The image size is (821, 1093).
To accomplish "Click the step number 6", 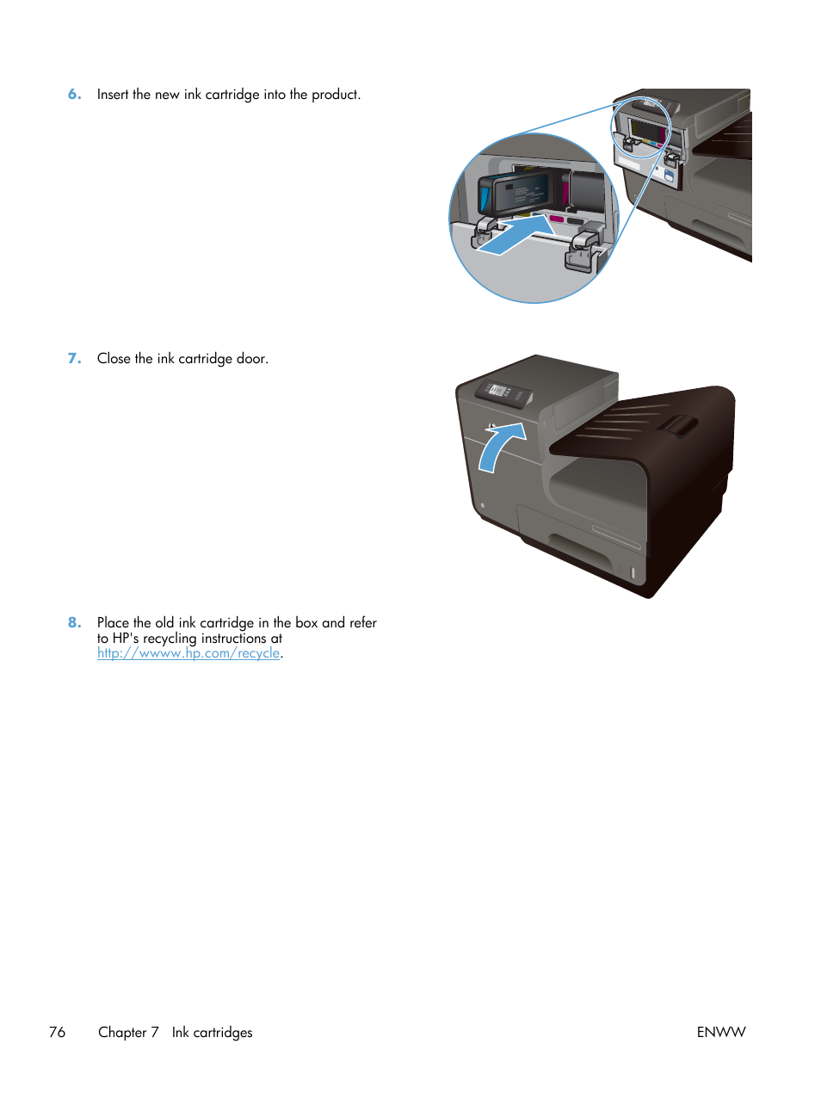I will (74, 95).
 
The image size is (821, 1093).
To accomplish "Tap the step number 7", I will (74, 359).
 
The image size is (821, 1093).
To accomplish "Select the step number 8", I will (74, 622).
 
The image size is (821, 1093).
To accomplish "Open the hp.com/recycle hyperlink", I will (188, 653).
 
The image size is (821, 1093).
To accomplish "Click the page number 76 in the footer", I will (57, 1032).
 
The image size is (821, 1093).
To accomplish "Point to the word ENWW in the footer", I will (720, 1032).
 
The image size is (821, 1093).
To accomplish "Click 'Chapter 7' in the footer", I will (128, 1032).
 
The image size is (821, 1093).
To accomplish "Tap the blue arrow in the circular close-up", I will (515, 235).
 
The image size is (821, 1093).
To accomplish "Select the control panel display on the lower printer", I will (498, 391).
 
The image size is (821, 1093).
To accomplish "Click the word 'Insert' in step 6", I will (113, 95).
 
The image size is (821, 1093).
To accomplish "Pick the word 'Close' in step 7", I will (114, 359).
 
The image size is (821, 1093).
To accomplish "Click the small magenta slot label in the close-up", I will (556, 219).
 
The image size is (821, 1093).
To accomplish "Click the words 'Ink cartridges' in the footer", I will (212, 1032).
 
